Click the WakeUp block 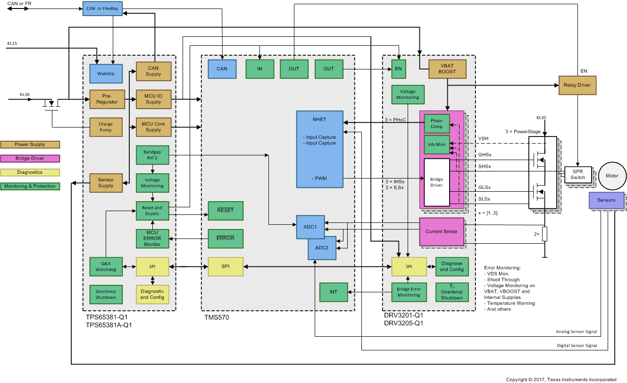(x=106, y=74)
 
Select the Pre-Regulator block (x=106, y=99)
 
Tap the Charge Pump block (x=106, y=127)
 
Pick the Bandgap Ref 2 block (x=152, y=155)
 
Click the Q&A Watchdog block (x=106, y=267)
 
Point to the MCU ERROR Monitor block (x=152, y=238)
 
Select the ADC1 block (x=310, y=227)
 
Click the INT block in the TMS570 (x=333, y=292)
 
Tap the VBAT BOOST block (x=447, y=68)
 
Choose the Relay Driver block (x=577, y=85)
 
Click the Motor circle (x=612, y=176)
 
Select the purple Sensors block (x=606, y=200)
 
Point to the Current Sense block (x=441, y=231)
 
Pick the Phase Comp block (x=436, y=124)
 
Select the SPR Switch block (x=577, y=175)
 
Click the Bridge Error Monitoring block (x=409, y=292)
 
